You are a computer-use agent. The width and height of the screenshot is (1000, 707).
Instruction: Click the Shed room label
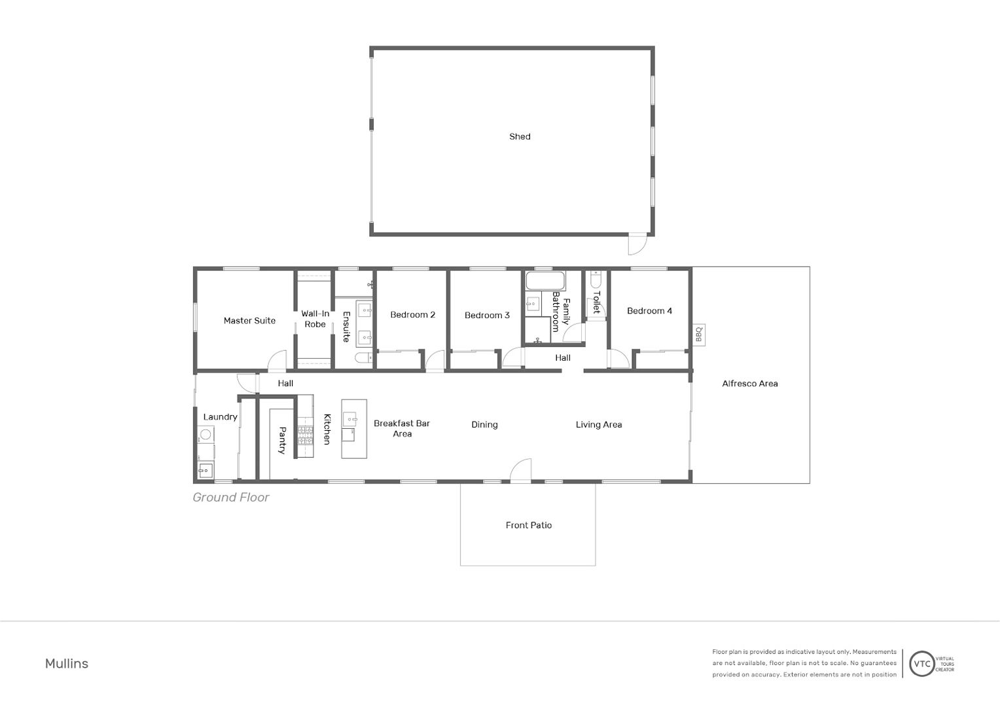(520, 137)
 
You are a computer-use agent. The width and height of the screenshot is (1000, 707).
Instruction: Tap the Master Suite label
(249, 321)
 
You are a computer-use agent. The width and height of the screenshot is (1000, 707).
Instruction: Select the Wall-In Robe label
(315, 319)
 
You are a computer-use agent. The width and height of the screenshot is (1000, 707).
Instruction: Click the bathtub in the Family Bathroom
(546, 281)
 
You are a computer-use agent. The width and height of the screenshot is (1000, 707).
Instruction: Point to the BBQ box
(699, 335)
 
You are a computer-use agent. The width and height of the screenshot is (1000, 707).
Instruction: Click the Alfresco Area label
(750, 384)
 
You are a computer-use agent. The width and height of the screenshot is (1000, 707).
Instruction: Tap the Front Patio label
(529, 525)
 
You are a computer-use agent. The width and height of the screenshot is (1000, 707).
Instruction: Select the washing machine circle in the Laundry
(205, 434)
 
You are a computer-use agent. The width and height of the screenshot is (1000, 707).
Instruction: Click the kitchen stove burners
(306, 435)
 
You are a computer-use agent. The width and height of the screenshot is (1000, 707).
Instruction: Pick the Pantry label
(282, 441)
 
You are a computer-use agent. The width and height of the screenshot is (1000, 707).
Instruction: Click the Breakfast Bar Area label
(402, 428)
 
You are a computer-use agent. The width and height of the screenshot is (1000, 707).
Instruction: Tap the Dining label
(484, 425)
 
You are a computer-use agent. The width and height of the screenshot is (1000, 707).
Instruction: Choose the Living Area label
(599, 425)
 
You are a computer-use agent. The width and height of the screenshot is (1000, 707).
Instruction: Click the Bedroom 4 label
(649, 311)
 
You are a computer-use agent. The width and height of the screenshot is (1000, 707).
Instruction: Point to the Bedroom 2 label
(412, 315)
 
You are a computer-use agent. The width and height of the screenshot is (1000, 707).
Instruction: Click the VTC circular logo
(922, 664)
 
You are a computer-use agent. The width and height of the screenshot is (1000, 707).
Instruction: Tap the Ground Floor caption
(231, 498)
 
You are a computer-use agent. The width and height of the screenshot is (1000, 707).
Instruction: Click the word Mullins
(67, 664)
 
